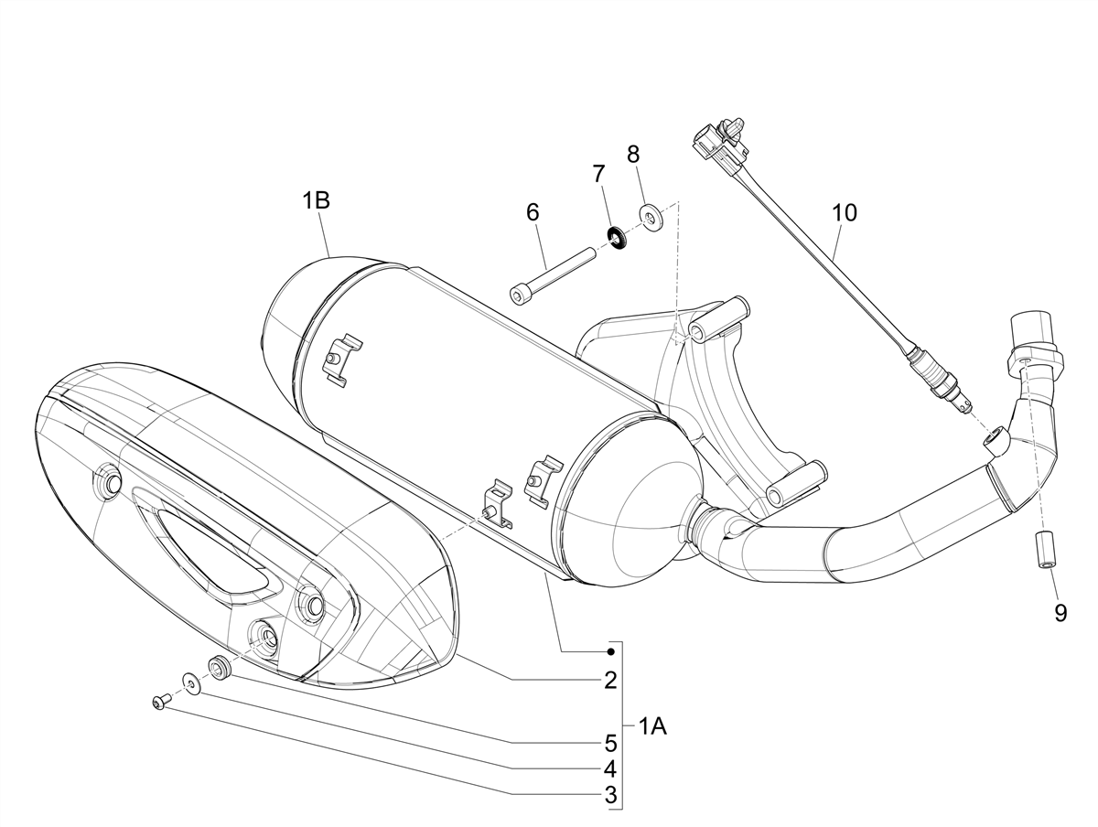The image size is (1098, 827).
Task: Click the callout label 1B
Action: click(x=316, y=201)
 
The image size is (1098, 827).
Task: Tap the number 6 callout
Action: click(x=532, y=213)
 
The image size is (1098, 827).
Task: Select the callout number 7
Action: click(x=598, y=173)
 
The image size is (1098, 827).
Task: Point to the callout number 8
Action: click(x=633, y=154)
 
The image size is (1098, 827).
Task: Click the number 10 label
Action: click(x=845, y=213)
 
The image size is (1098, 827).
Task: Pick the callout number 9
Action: click(x=1060, y=613)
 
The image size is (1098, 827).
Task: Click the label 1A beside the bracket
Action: click(x=652, y=727)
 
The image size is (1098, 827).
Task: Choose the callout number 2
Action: click(x=610, y=681)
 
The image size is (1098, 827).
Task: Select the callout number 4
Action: click(x=610, y=768)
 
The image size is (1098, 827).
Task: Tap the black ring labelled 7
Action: click(x=617, y=237)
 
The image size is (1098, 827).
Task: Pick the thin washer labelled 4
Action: click(x=191, y=682)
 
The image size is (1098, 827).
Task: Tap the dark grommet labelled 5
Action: click(x=220, y=667)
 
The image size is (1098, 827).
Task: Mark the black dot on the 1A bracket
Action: click(x=610, y=651)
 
